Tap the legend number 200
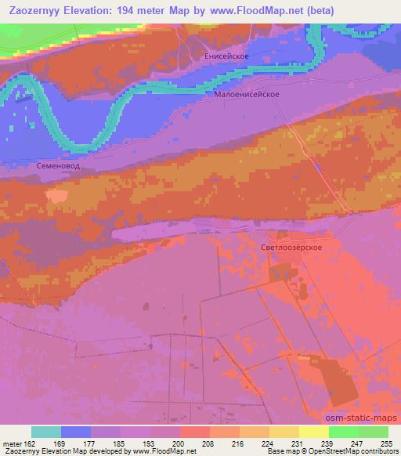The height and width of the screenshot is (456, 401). tap(184, 443)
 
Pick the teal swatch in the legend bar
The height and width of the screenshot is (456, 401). tap(46, 432)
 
